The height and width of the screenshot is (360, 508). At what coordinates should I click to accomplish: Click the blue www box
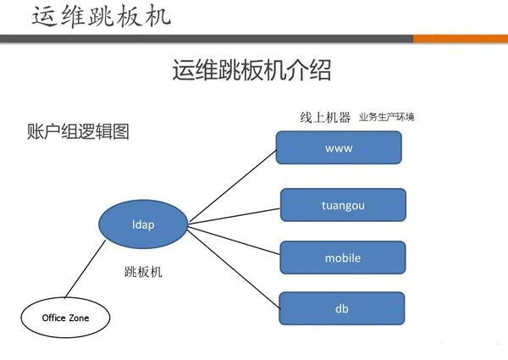coord(338,148)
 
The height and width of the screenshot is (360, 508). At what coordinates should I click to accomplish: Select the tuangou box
coord(343,204)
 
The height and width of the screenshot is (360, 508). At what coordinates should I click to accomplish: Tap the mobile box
coord(343,258)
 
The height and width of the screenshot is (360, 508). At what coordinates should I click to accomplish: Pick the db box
coord(343,308)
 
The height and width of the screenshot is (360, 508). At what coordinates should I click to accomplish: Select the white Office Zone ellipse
coord(65,318)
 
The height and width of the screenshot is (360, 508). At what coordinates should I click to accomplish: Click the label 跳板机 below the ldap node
coord(142,273)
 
